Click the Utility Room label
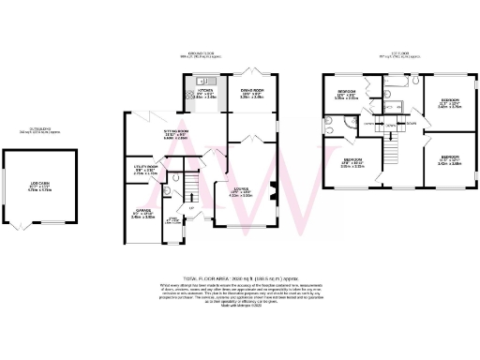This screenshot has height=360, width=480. [x=145, y=172]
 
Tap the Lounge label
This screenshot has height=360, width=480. [x=241, y=194]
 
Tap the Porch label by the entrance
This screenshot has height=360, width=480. [x=172, y=222]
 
